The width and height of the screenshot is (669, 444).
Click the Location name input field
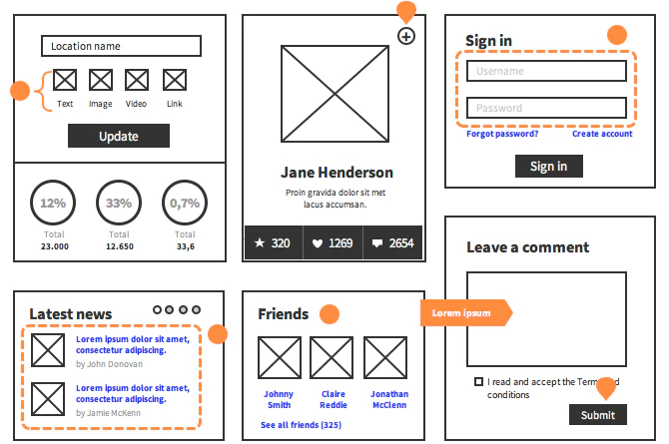click(121, 46)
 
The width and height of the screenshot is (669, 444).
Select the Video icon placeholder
click(137, 80)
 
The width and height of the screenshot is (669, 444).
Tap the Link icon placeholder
click(175, 80)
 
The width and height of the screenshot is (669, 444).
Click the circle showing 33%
click(119, 203)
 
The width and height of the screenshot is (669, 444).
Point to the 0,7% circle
click(185, 203)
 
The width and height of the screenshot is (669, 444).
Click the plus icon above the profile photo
click(405, 37)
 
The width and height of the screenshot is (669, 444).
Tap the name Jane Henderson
click(336, 172)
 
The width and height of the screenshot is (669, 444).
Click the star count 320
click(273, 242)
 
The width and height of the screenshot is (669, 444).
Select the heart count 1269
click(333, 242)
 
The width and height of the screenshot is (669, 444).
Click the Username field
click(546, 71)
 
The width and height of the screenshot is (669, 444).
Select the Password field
click(546, 108)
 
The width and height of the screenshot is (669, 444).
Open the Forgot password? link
click(502, 134)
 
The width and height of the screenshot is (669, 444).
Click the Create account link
click(602, 134)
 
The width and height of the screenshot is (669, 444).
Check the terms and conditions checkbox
click(479, 382)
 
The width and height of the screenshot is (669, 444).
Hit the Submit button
click(598, 415)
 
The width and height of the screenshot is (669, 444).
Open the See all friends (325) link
click(301, 425)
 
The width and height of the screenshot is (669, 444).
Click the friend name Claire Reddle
click(334, 399)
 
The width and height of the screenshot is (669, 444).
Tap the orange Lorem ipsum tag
click(464, 313)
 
